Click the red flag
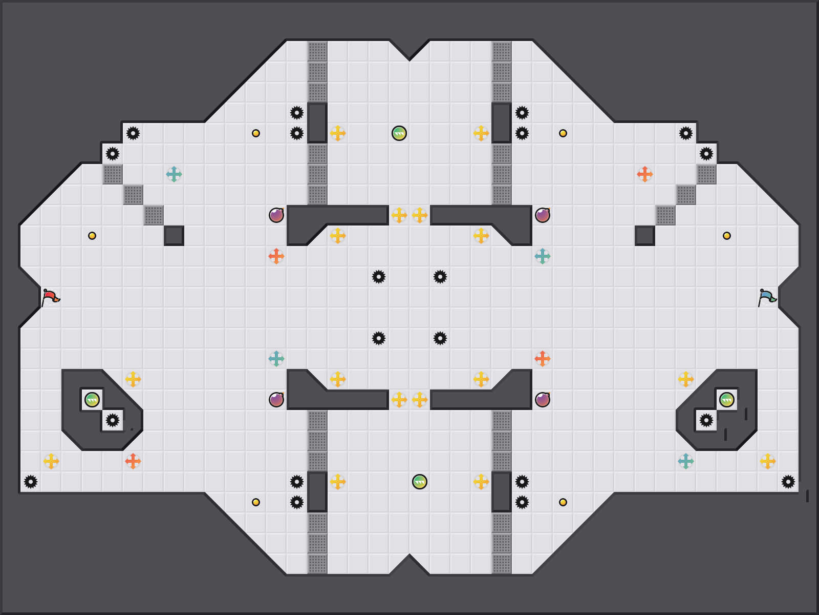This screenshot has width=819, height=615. [x=50, y=297]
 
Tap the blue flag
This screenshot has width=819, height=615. [x=766, y=297]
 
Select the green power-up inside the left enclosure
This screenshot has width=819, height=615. [x=92, y=400]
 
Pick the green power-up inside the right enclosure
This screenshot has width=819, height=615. [x=727, y=400]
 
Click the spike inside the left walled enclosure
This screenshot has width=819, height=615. [x=113, y=420]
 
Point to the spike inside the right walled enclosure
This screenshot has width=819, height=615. [x=706, y=420]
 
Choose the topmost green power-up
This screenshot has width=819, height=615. [x=399, y=133]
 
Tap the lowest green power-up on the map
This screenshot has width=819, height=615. [x=420, y=482]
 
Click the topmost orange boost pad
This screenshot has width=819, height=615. [x=645, y=174]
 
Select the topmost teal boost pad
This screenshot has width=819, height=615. [x=174, y=174]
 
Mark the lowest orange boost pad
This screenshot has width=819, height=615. [x=133, y=461]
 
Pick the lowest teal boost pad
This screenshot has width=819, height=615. [x=686, y=461]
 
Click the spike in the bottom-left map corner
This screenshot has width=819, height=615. [x=31, y=482]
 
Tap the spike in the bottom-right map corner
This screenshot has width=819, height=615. [x=788, y=482]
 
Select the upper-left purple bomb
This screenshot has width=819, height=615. [x=276, y=215]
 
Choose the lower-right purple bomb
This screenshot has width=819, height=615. [x=543, y=400]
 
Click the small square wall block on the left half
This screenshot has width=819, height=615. [x=174, y=236]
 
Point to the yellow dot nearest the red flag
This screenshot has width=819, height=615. [x=92, y=236]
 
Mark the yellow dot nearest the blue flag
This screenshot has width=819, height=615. [x=727, y=236]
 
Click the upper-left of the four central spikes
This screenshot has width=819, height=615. [x=379, y=277]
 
